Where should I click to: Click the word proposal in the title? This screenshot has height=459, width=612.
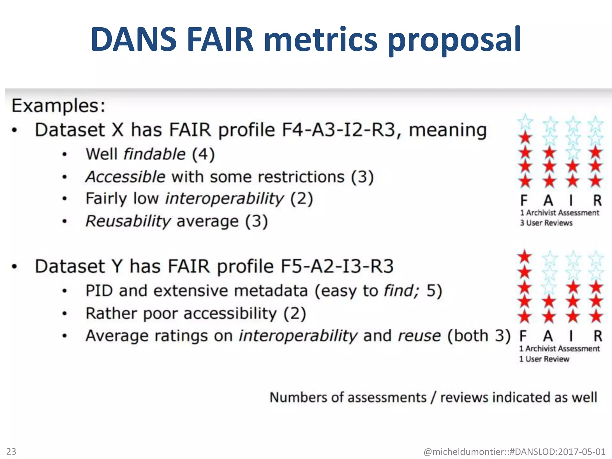pos(454,40)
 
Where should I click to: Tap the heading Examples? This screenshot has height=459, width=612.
pos(59,105)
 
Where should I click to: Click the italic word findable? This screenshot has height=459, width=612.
pos(154,154)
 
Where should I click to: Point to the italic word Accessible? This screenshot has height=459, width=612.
pos(125,177)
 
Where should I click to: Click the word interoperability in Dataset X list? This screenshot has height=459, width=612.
pos(224,199)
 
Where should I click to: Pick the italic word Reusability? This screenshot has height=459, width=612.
pos(128,221)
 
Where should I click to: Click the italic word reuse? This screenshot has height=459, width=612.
pos(419,336)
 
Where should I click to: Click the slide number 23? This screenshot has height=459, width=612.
pos(11,451)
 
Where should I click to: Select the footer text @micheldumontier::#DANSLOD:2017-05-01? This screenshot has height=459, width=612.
pos(515,452)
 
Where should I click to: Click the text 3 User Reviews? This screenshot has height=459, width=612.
pos(546,223)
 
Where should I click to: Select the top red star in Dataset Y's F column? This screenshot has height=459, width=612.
pos(525,257)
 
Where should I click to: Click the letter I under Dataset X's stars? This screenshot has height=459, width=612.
pos(571,201)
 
